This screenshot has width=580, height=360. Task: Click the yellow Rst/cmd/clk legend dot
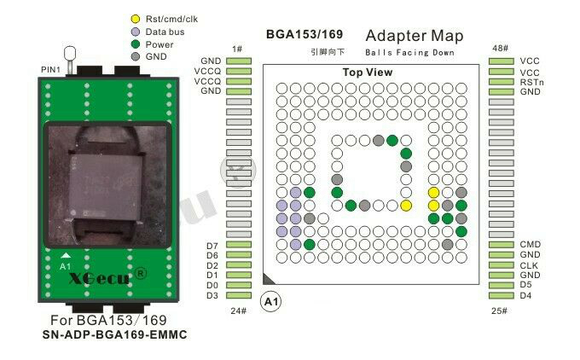click(136, 19)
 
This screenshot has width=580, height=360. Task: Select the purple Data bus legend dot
click(136, 32)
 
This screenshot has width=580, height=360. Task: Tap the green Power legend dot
click(136, 44)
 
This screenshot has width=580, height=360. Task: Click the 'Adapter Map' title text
click(415, 36)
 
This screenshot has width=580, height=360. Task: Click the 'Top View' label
click(368, 73)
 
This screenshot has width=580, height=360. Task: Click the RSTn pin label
click(531, 82)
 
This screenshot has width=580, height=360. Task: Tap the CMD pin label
click(531, 245)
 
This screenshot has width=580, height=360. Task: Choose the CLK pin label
click(530, 265)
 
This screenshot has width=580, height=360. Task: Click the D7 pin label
click(212, 246)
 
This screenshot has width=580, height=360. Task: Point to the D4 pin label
click(527, 295)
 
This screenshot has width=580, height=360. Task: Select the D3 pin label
click(212, 295)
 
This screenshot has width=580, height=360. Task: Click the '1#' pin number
click(237, 49)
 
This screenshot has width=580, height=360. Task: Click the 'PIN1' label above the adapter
click(50, 67)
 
